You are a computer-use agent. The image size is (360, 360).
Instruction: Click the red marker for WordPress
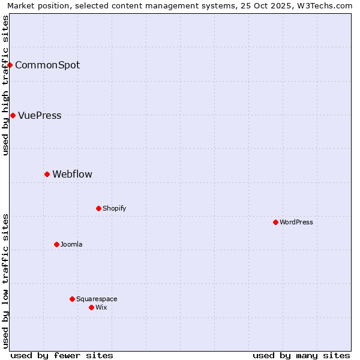tap(275, 222)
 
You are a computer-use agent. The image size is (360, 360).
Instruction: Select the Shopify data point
tap(98, 208)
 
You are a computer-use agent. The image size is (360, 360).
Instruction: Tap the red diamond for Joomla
tap(56, 244)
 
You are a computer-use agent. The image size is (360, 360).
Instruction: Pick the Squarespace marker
tap(72, 299)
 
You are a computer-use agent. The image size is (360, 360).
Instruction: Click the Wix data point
tap(91, 307)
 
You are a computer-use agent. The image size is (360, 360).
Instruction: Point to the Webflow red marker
tap(47, 174)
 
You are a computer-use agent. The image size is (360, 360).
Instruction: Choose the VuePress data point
tap(13, 115)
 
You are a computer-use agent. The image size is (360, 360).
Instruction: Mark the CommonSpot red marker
tap(10, 65)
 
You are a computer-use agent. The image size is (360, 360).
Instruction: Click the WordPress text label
tap(296, 222)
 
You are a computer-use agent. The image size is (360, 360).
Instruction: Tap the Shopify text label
tap(114, 208)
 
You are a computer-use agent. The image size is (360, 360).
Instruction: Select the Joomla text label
tap(71, 244)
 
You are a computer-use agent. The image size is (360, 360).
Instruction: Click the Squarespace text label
tap(97, 299)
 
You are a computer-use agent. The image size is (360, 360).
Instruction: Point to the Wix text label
tap(101, 307)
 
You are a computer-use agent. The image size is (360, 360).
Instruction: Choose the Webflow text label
tap(72, 174)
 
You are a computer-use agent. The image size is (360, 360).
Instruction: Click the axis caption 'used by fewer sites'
tap(62, 355)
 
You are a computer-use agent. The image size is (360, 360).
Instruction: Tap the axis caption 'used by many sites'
tap(301, 355)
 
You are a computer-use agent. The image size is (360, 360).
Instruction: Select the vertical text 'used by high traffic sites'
tap(5, 85)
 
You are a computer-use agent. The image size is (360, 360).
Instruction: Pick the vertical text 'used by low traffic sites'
tap(5, 281)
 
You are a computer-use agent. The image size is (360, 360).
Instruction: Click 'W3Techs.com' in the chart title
tap(326, 5)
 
